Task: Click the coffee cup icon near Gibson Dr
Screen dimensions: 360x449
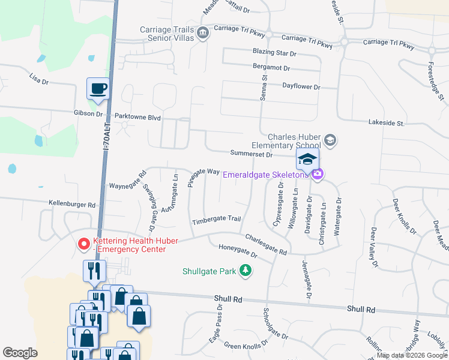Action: (98, 89)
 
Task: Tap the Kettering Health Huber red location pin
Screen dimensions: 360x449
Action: (84, 244)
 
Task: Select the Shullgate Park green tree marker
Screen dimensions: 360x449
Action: (245, 271)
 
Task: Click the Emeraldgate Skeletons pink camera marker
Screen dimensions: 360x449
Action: (318, 175)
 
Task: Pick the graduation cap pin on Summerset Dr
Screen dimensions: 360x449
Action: (307, 160)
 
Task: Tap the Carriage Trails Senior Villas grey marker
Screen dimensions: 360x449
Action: (203, 32)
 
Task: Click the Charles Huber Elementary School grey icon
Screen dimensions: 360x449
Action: (330, 140)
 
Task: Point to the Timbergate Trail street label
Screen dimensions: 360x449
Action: (216, 221)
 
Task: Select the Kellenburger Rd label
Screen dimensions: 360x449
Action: (73, 205)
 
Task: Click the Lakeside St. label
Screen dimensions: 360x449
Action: (386, 122)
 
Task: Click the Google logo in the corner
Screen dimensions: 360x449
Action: (20, 353)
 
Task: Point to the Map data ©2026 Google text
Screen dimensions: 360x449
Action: (412, 355)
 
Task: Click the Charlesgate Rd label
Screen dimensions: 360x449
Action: (265, 244)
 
